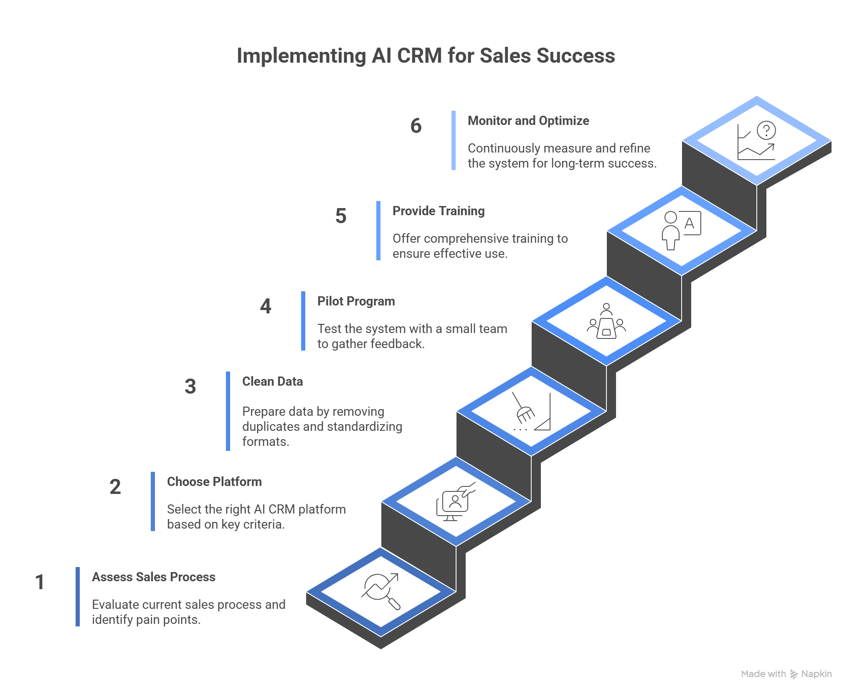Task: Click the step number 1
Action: (x=40, y=582)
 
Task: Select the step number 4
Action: (x=266, y=306)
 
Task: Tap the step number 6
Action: (x=416, y=126)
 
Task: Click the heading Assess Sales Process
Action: (x=154, y=577)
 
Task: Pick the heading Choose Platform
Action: (x=214, y=482)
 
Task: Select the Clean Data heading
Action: (x=272, y=382)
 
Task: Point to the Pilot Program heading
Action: (x=356, y=301)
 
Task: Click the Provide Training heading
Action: (x=439, y=211)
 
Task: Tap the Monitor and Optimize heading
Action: (x=528, y=121)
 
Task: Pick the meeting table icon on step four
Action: (x=606, y=322)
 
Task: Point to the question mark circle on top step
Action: (x=766, y=130)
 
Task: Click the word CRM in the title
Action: (x=419, y=56)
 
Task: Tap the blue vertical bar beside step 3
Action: (x=228, y=411)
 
